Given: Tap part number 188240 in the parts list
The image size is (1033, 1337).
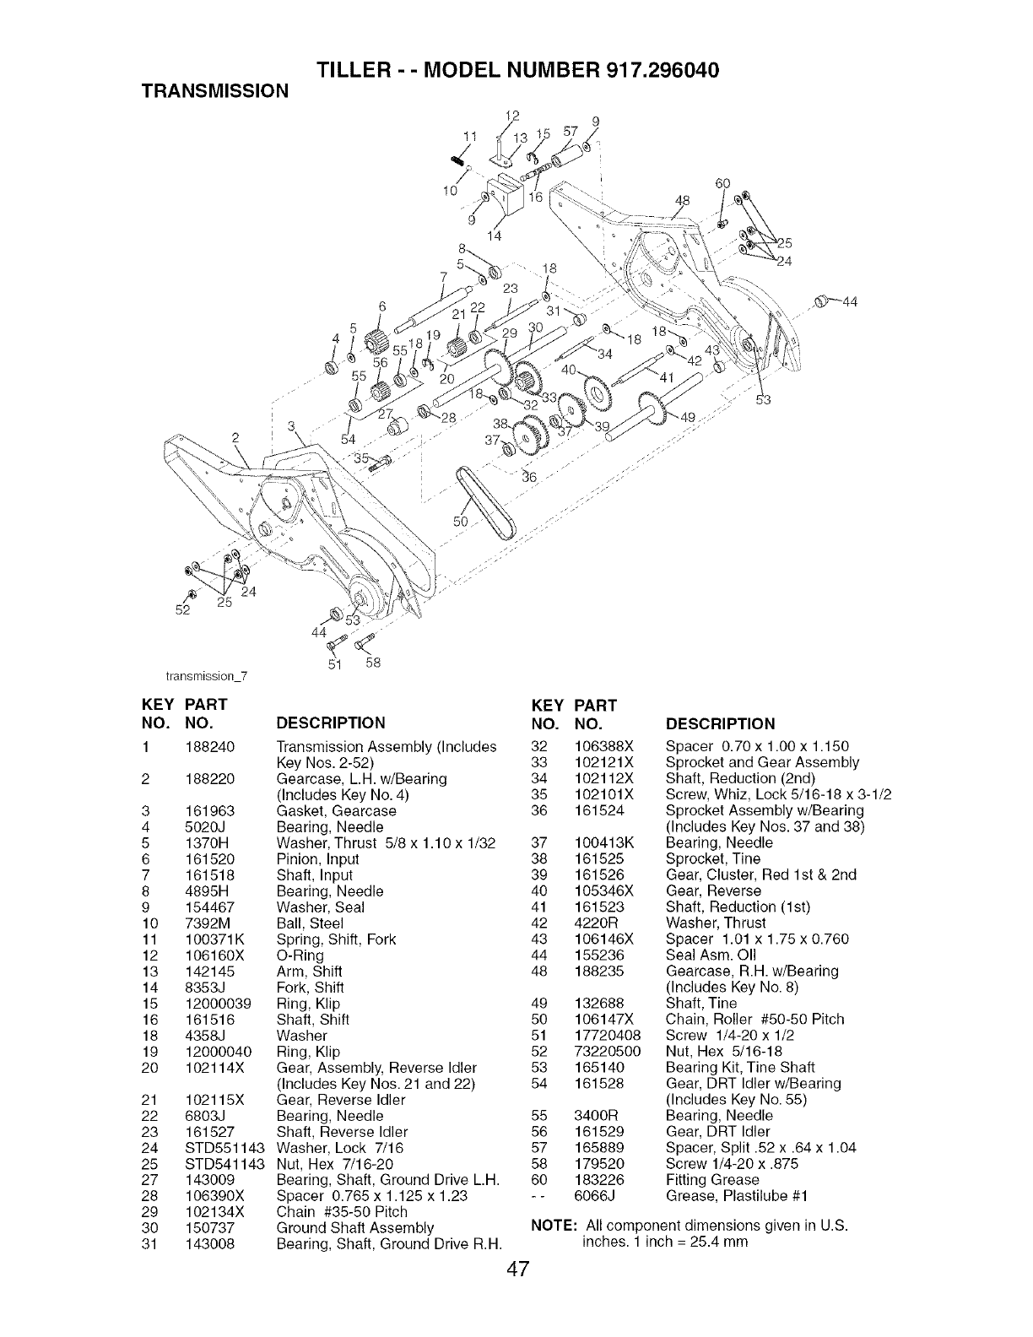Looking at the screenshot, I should click(x=209, y=746).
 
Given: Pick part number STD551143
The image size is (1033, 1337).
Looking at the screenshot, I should click(x=224, y=1148).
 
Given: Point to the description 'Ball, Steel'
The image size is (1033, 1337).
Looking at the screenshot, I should click(x=311, y=923).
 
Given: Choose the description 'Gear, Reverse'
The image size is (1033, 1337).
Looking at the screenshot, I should click(x=713, y=890).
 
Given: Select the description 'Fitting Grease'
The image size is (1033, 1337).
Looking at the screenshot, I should click(x=711, y=1179).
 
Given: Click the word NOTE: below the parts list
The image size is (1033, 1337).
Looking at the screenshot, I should click(x=553, y=1225).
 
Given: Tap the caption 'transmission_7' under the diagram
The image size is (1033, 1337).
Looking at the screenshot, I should click(x=206, y=674).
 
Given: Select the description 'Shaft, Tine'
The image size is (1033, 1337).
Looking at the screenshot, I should click(x=700, y=1003).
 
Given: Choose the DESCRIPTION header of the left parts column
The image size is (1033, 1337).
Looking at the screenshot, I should click(x=331, y=723).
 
